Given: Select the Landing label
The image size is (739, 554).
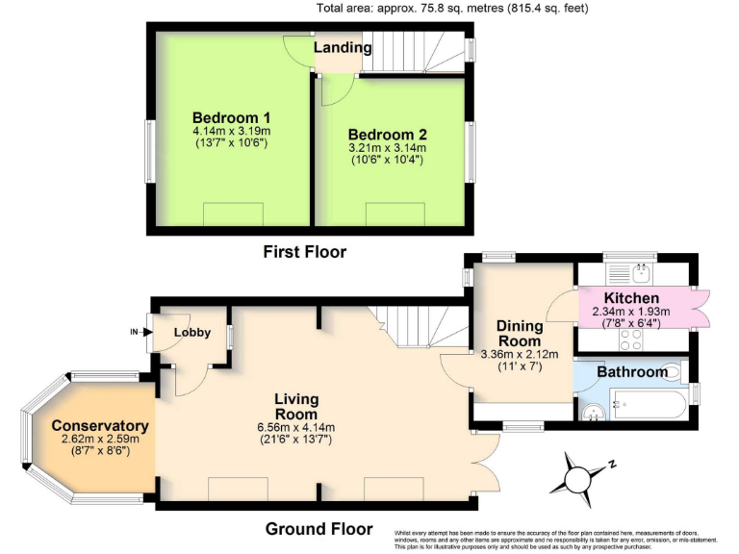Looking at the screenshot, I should (342, 48).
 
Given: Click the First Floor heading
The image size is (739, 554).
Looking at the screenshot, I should (304, 252).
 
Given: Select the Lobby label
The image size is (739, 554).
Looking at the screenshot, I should (191, 332).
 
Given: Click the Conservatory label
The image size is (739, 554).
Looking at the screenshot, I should (100, 425).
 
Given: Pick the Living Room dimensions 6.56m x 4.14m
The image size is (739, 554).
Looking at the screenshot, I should (295, 428).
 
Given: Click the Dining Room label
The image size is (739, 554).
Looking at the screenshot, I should (520, 333).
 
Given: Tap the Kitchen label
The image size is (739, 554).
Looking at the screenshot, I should (631, 298).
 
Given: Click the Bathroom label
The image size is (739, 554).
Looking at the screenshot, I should (631, 372).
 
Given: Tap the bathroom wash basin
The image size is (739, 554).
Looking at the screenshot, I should (595, 413).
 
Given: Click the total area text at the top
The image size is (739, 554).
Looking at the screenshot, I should (452, 9).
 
